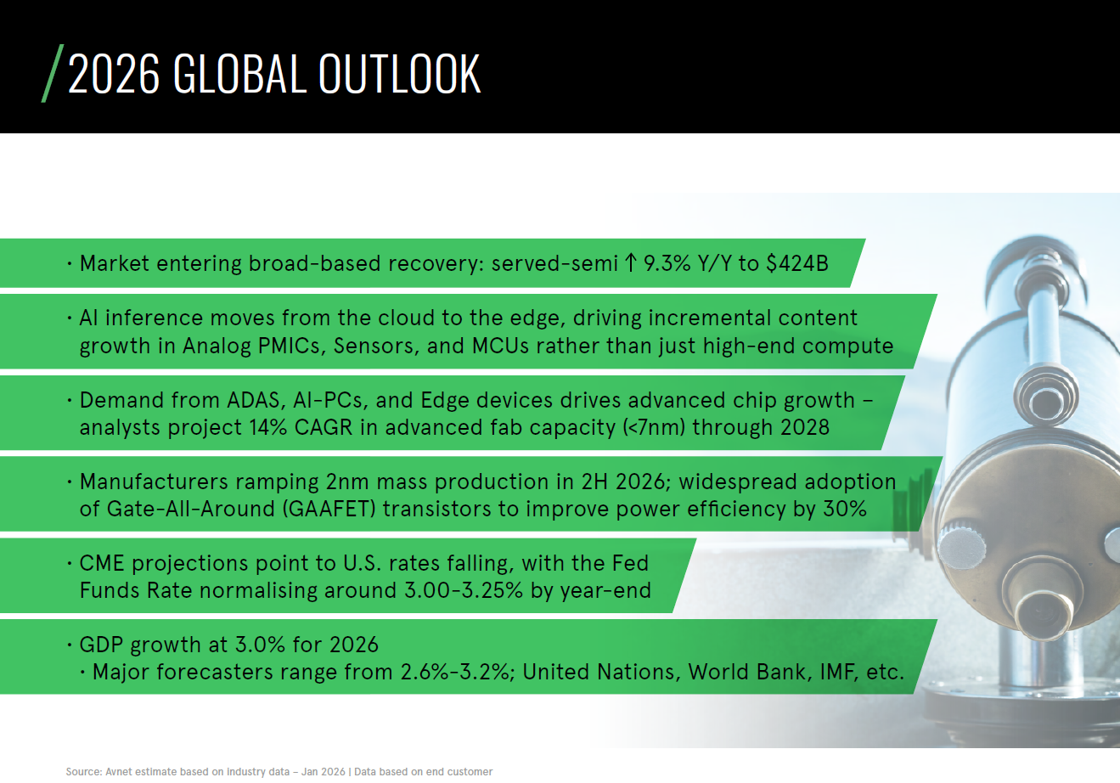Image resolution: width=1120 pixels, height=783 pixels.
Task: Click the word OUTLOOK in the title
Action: click(399, 74)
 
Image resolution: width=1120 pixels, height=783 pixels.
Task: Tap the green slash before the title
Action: click(53, 74)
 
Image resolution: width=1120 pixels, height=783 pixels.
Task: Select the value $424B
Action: click(796, 263)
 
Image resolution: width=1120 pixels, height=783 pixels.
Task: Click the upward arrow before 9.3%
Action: click(630, 263)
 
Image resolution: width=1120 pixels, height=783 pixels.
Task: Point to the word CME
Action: click(103, 563)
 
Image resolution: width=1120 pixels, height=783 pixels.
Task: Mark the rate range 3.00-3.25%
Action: click(464, 590)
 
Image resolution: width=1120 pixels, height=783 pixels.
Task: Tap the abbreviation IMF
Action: click(837, 672)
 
